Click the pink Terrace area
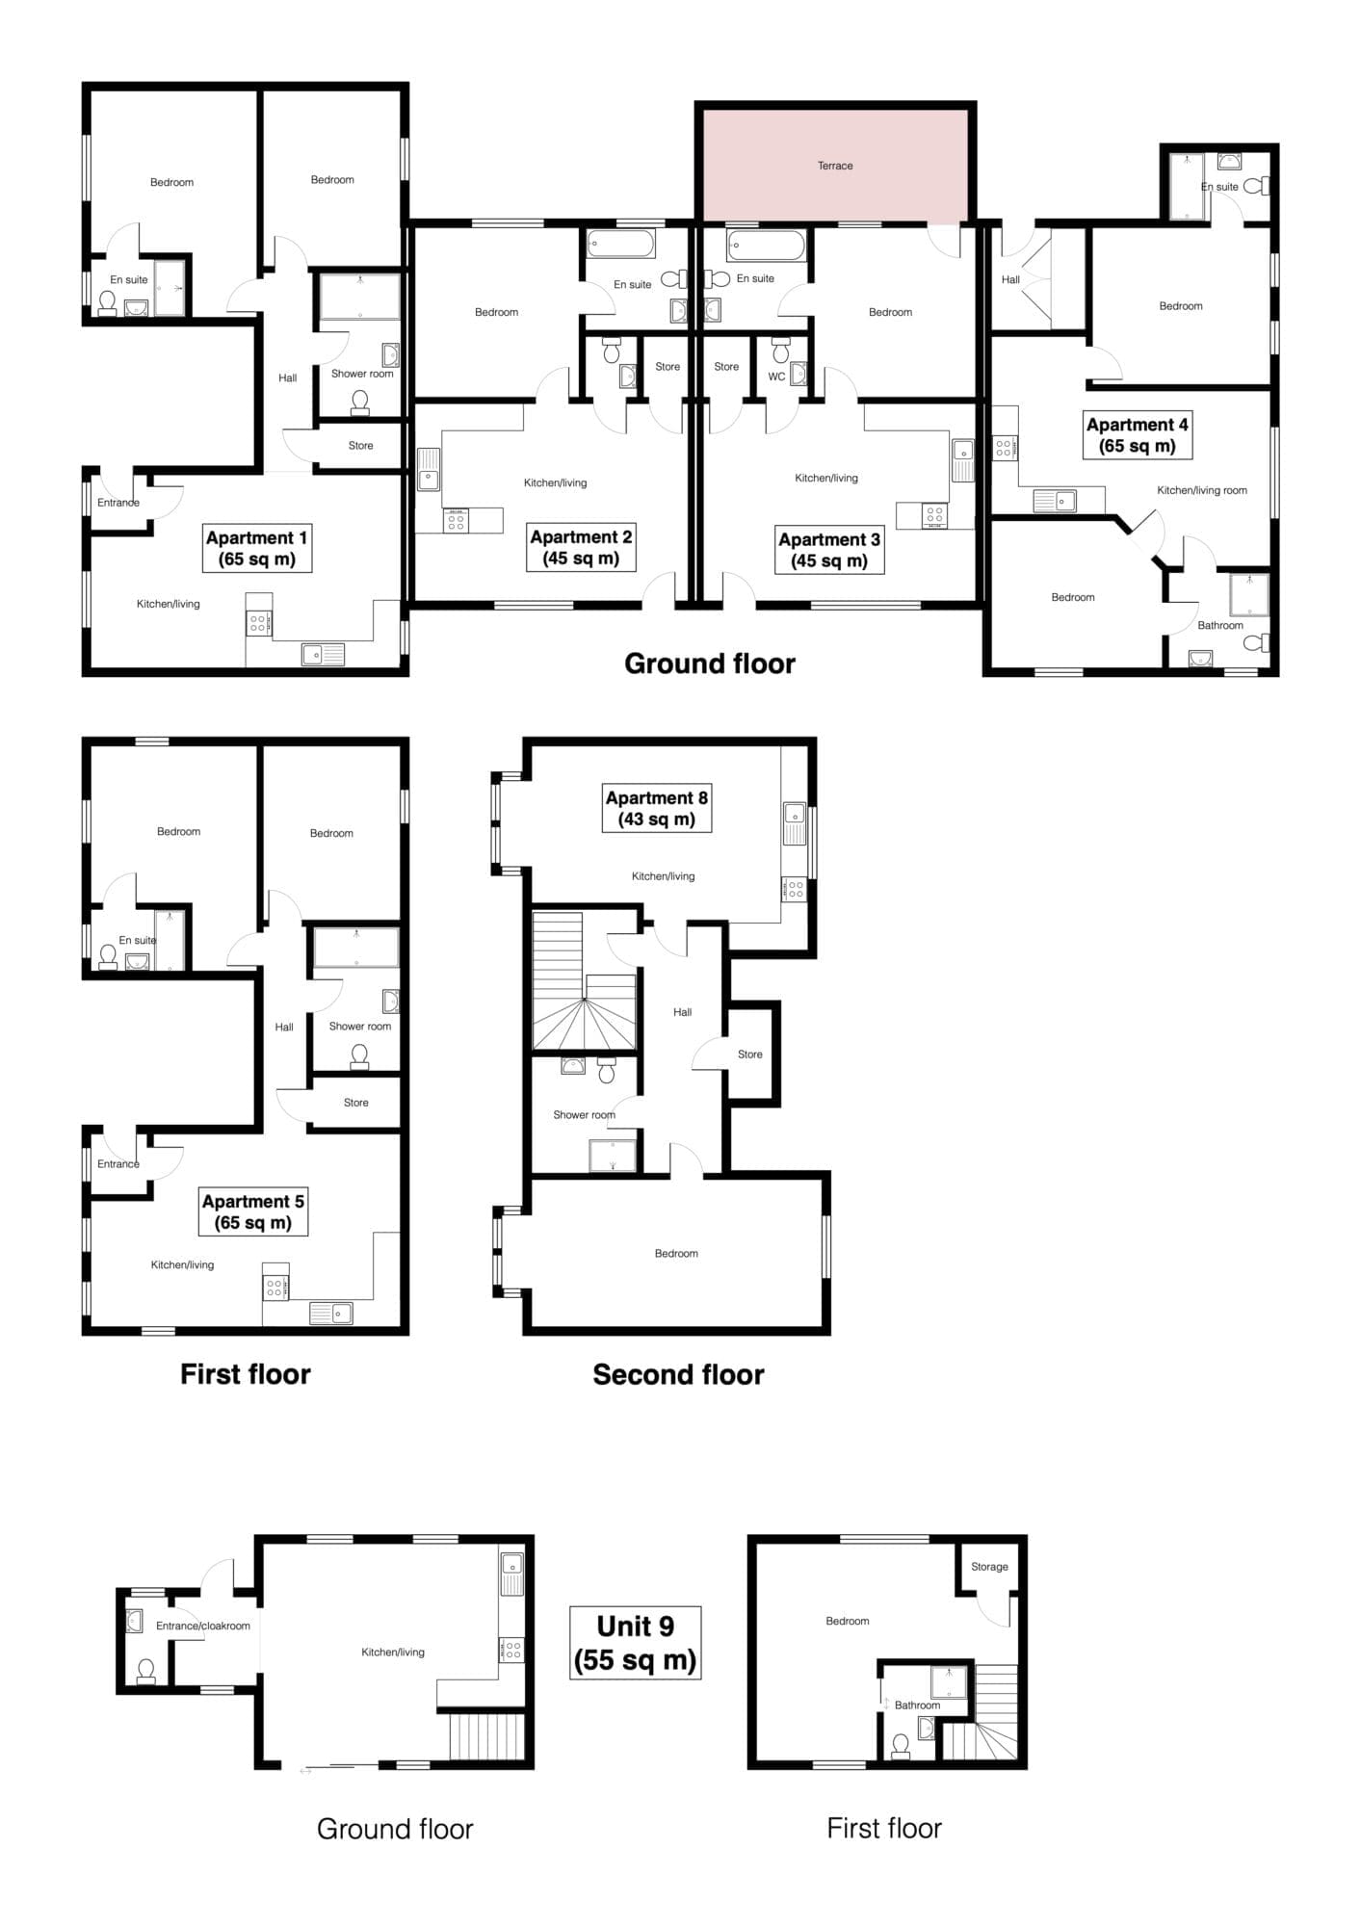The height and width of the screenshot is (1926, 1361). (835, 165)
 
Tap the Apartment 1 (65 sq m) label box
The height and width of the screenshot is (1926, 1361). (257, 548)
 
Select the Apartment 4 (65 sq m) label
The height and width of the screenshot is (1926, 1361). (1137, 435)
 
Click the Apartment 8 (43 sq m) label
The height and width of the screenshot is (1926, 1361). (657, 808)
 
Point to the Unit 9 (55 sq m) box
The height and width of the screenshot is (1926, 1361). (635, 1642)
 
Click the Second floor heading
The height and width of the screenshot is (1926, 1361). (678, 1374)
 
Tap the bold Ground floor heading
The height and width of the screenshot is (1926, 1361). (710, 664)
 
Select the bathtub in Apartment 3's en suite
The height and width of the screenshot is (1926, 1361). (767, 245)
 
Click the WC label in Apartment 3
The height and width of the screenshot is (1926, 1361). (776, 377)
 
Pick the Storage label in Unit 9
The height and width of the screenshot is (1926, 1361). (989, 1567)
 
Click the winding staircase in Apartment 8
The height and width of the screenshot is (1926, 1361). (585, 981)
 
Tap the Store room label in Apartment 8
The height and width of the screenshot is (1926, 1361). (750, 1054)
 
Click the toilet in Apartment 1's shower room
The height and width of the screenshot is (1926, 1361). (360, 402)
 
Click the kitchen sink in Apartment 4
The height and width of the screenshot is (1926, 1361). (1055, 500)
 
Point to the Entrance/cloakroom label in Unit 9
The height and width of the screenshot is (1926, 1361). (203, 1626)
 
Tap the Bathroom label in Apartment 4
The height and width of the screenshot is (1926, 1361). (1220, 625)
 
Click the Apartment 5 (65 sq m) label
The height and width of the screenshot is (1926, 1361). (253, 1211)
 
